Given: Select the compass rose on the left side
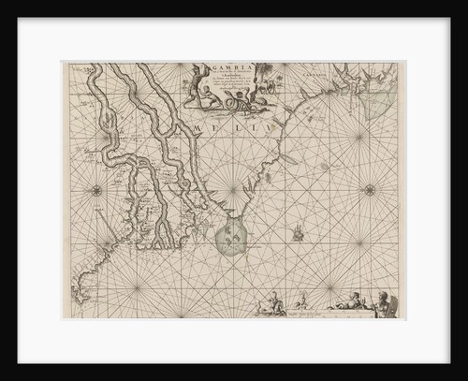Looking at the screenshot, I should point(96,190).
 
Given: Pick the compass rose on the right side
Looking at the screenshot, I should point(369,189).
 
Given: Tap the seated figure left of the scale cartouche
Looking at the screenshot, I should point(272,303).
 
